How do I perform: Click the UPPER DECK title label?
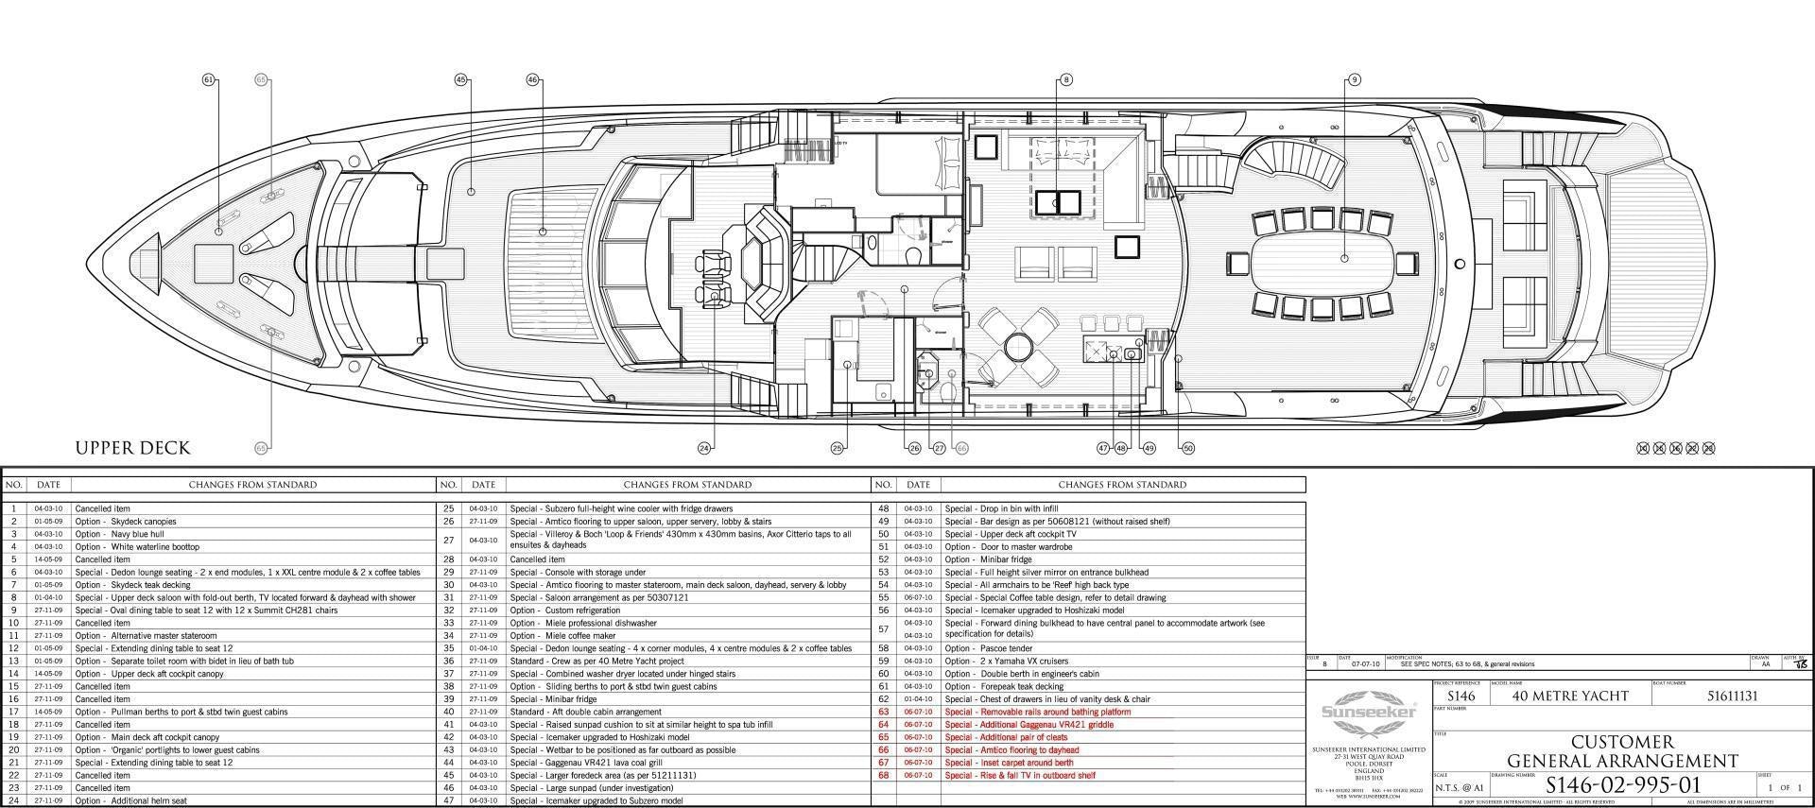click(x=132, y=448)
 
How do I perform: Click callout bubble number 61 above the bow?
click(x=209, y=80)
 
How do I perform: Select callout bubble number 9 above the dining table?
click(x=1355, y=80)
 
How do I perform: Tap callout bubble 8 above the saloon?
click(x=1066, y=80)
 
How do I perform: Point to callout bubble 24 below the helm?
click(x=704, y=448)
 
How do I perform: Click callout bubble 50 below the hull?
click(x=1188, y=448)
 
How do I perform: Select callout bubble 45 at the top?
click(x=461, y=80)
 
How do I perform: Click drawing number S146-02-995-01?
click(x=1622, y=785)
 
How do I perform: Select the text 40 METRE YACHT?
click(x=1570, y=696)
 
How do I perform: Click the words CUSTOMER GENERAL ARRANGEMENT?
click(x=1622, y=751)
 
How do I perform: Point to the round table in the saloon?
click(x=1018, y=346)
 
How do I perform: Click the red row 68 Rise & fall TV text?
click(x=1019, y=775)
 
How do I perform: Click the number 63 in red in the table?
click(x=883, y=712)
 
